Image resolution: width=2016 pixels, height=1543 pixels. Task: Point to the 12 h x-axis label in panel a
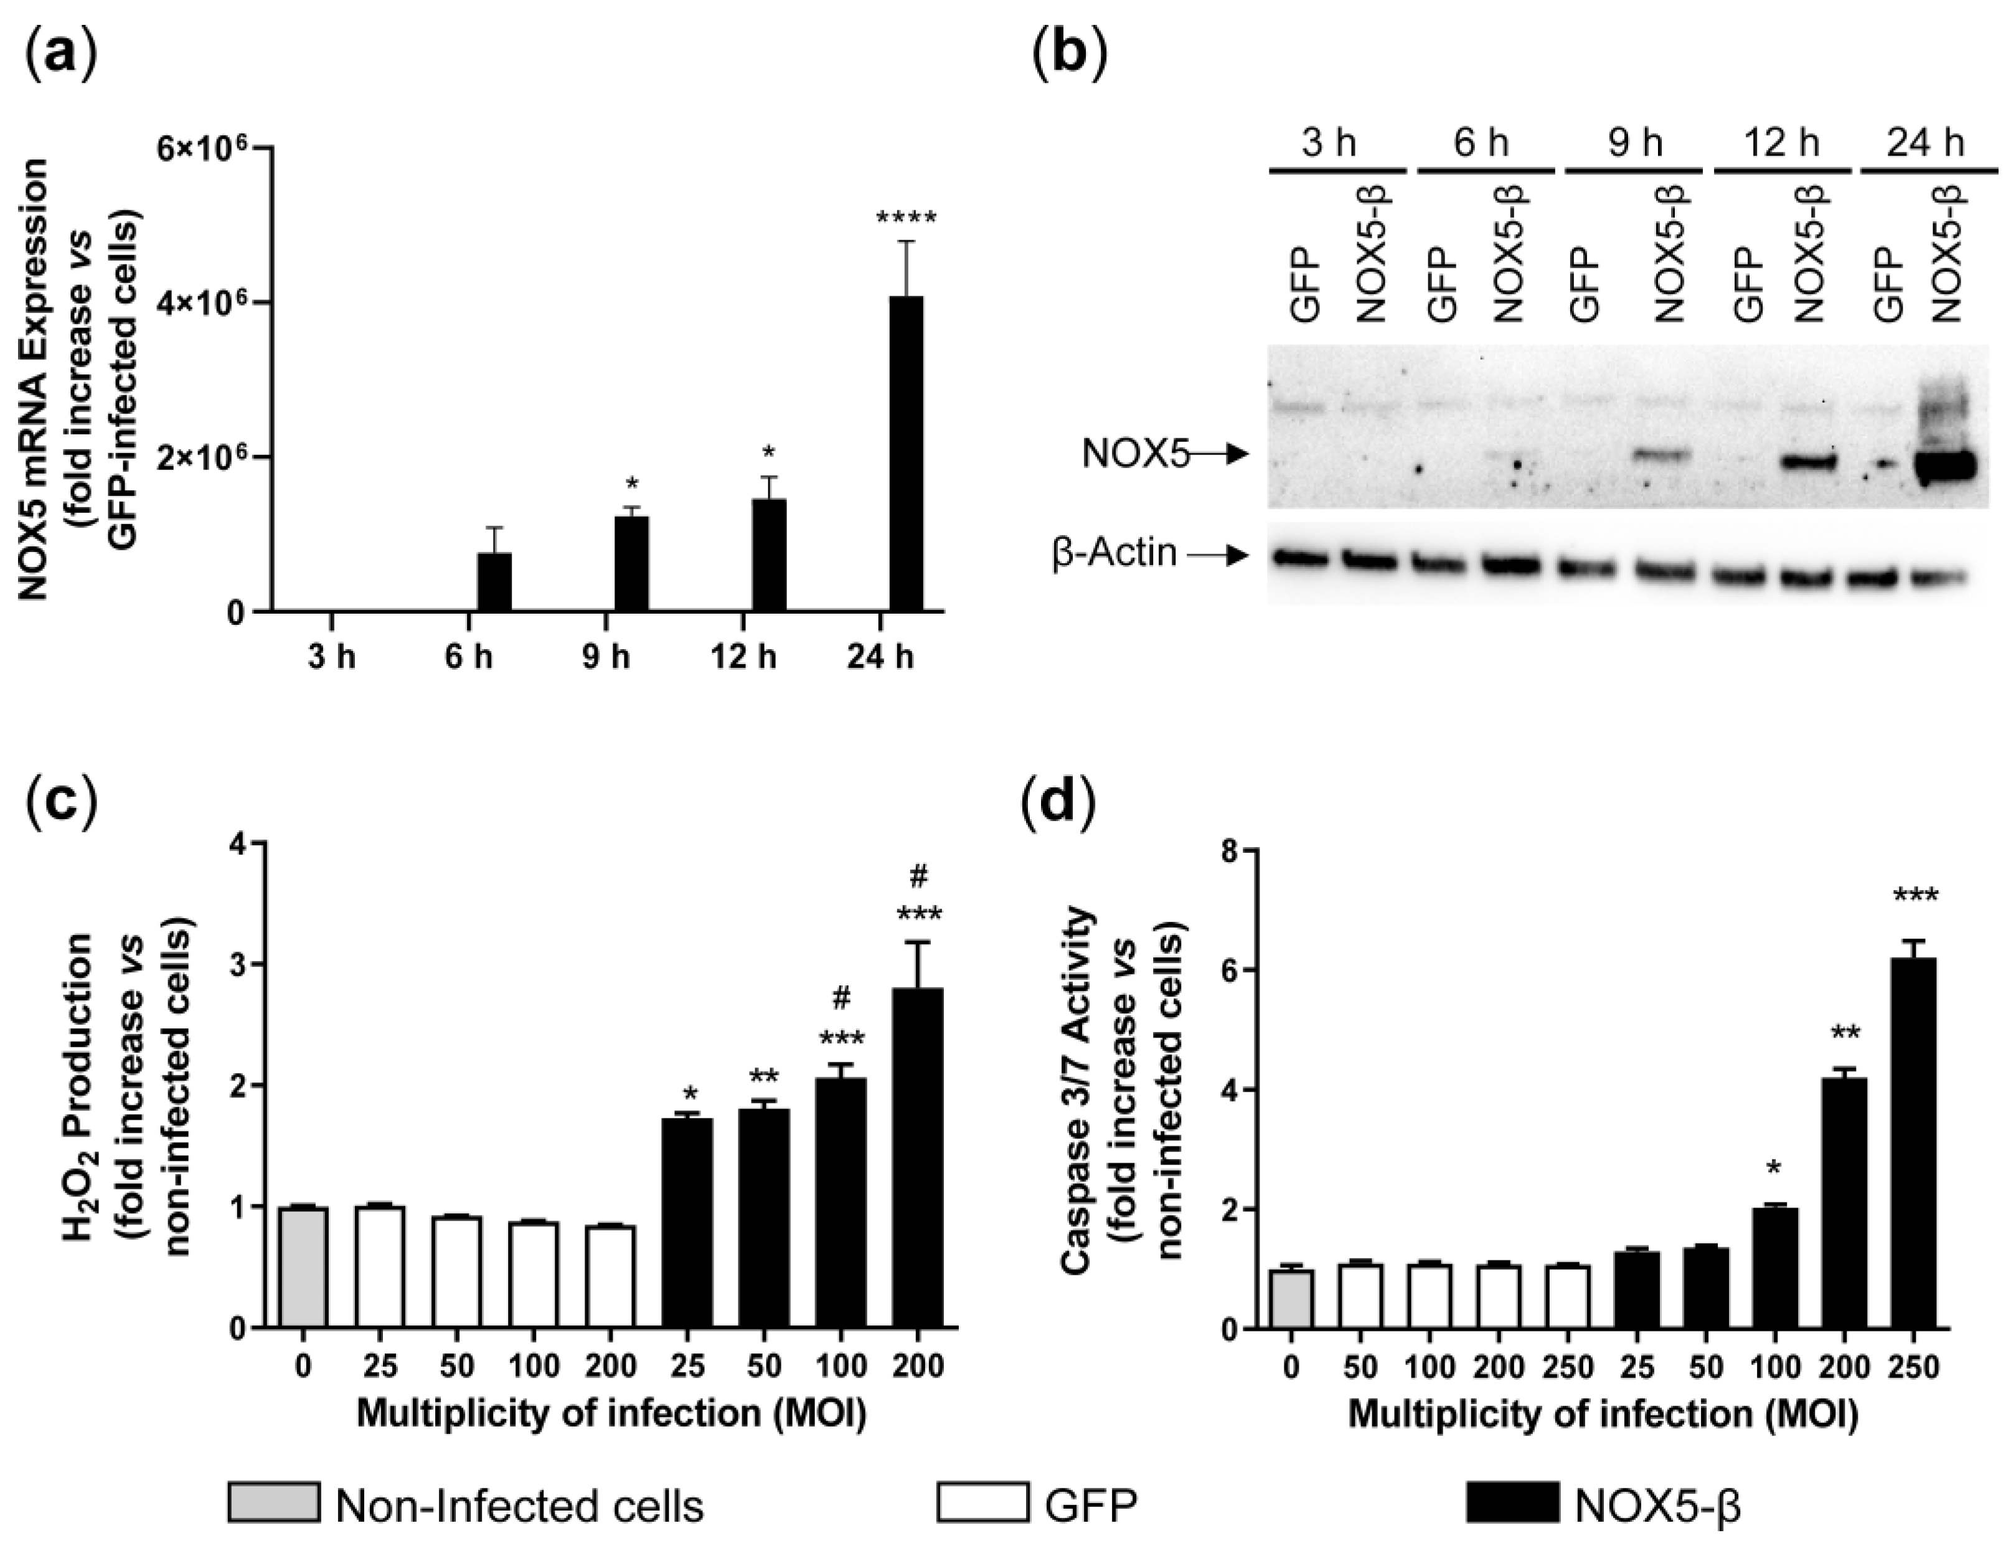tap(742, 658)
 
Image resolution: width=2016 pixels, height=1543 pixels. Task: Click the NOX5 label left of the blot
tap(1135, 454)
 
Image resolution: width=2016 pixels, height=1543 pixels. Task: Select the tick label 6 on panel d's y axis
tap(1228, 971)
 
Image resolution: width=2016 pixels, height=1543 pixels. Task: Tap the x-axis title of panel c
tap(611, 1412)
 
